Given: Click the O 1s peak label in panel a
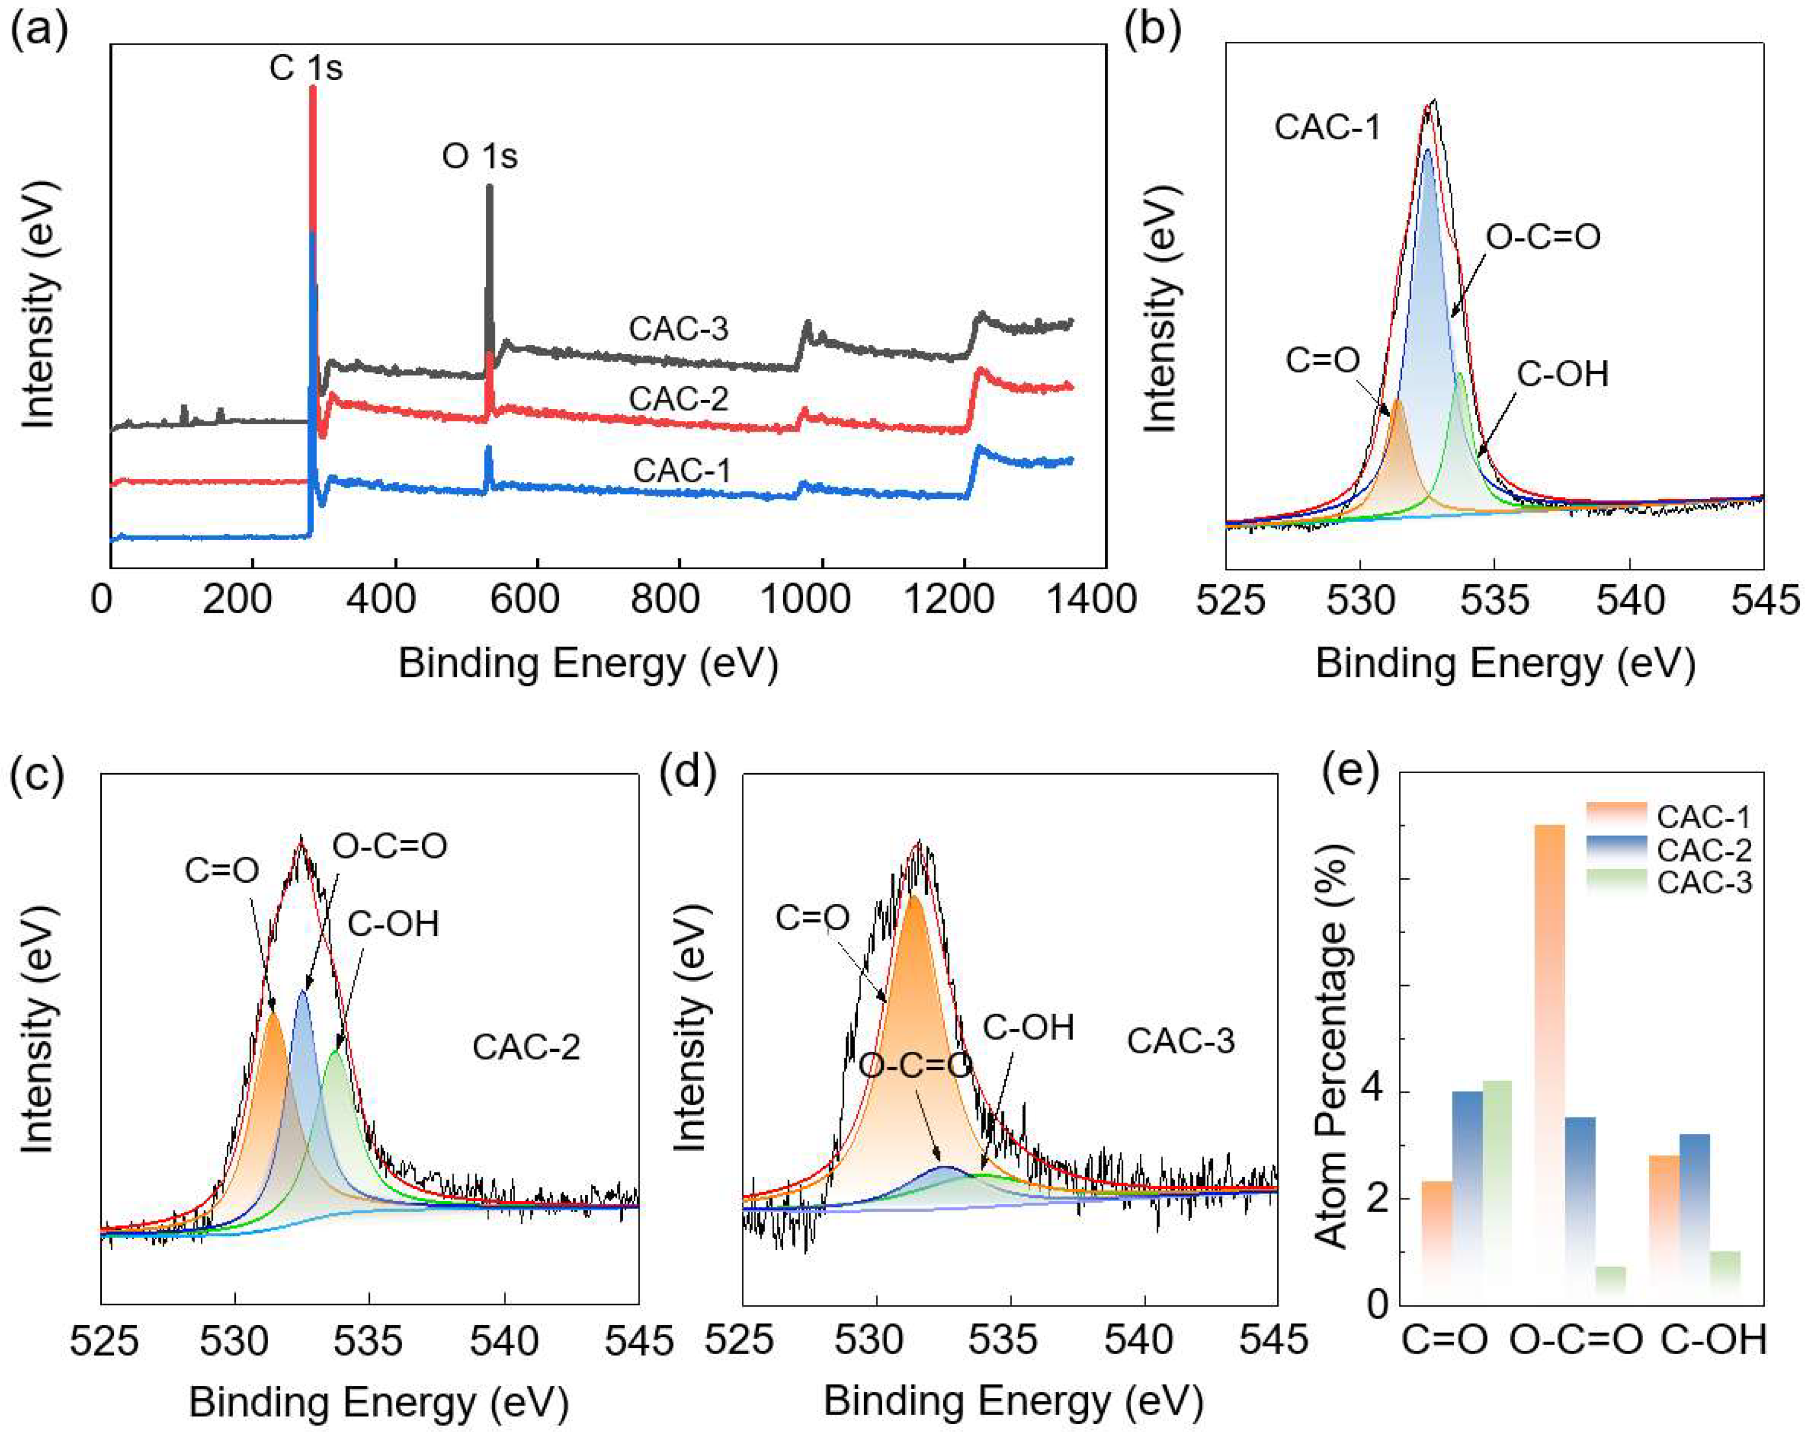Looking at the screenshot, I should coord(480,156).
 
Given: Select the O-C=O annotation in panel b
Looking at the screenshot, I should coord(1543,237).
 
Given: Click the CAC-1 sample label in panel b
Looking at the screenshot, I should coord(1327,128).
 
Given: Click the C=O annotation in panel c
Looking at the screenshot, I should coord(221,871).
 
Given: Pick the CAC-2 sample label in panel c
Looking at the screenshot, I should coord(526,1047).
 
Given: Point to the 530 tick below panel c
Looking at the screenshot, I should coord(235,1341).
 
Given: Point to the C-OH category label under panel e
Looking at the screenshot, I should coord(1714,1340).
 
